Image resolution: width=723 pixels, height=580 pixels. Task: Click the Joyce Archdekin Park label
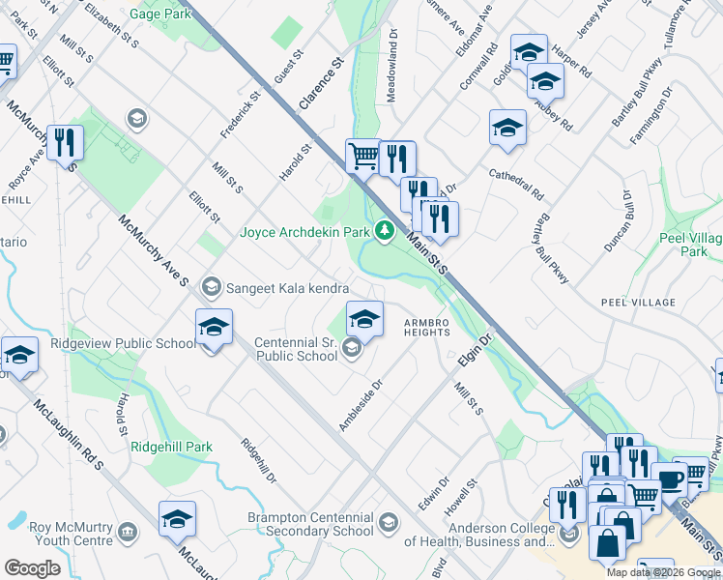[304, 232]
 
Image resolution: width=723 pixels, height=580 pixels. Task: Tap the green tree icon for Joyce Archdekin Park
[385, 231]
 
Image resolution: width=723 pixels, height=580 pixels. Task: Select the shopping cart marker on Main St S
[362, 155]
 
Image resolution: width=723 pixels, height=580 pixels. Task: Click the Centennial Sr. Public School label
[296, 349]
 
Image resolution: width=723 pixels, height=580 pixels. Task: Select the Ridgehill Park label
[171, 447]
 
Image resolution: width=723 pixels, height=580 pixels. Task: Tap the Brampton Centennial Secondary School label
[310, 523]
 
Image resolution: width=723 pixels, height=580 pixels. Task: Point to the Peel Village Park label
[688, 245]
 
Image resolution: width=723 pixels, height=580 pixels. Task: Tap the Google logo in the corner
[32, 567]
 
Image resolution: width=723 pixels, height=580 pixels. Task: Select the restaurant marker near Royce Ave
[65, 142]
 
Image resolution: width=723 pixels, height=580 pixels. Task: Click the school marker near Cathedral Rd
[507, 128]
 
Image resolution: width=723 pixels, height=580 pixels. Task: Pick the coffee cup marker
[669, 478]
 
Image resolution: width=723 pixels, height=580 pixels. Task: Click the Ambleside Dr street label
[361, 405]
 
